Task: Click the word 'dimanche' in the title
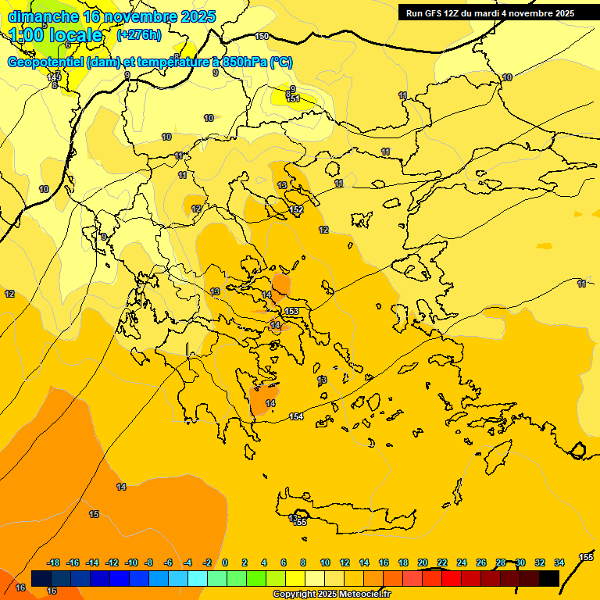point(44,16)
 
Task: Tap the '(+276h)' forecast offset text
point(139,34)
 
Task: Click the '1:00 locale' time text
point(55,35)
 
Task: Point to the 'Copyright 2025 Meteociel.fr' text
point(332,595)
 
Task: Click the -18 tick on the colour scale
point(54,562)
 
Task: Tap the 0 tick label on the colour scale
point(225,562)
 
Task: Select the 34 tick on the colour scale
point(559,562)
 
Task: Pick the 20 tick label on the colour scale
point(423,562)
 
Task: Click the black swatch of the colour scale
point(549,579)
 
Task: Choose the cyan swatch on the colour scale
point(198,579)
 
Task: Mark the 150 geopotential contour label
point(262,37)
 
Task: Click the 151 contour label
point(293,98)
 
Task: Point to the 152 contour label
point(296,210)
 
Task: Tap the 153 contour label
point(291,311)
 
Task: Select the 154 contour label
point(296,416)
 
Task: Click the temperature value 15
point(94,514)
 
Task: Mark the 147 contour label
point(53,77)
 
